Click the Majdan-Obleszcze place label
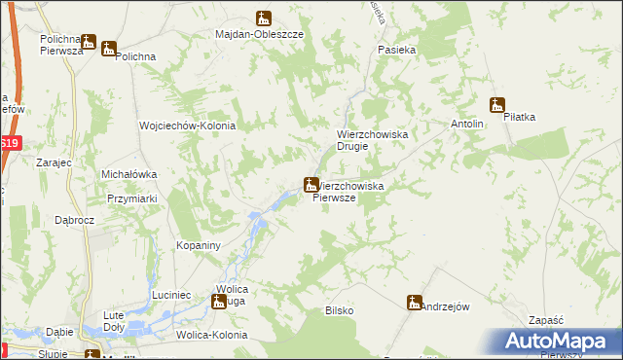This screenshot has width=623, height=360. (260, 33)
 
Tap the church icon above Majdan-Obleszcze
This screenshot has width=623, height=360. (264, 18)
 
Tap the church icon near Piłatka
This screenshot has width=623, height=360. (497, 105)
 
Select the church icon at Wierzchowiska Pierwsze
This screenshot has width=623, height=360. (311, 184)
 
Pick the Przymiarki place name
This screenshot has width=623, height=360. (132, 198)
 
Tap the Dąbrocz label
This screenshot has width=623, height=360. (74, 220)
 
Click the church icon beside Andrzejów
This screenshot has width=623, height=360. (415, 303)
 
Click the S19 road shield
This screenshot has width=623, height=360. (9, 143)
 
